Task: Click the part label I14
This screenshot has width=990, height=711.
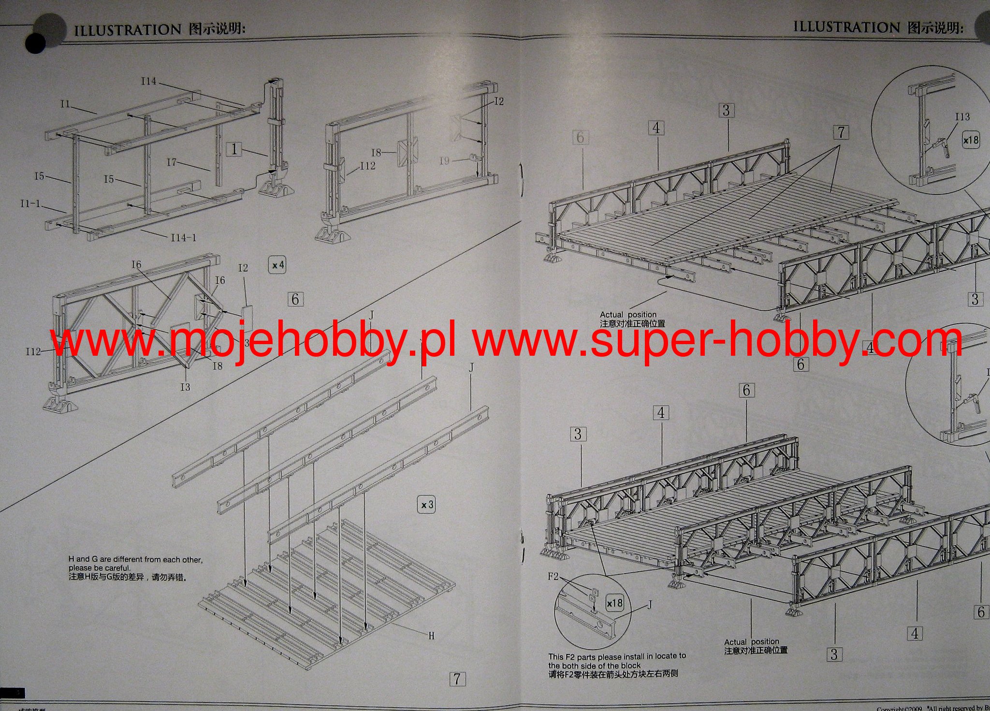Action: pos(149,81)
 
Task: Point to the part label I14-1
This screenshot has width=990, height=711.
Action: pos(184,237)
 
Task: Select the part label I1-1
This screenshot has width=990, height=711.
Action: pos(30,203)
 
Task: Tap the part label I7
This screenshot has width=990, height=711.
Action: pos(172,162)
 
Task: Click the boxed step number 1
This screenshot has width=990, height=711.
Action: pos(234,148)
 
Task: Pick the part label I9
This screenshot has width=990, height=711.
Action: pos(445,160)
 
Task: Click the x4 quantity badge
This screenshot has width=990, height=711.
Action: pos(278,265)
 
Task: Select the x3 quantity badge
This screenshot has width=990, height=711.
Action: pos(426,505)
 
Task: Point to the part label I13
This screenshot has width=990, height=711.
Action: pos(962,117)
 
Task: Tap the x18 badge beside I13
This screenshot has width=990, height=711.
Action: pos(971,140)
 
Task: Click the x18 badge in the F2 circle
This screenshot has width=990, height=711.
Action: pos(615,603)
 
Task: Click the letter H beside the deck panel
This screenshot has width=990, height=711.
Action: pos(432,636)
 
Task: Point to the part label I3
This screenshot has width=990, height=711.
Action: pos(185,387)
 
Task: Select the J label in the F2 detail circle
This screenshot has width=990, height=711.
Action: pos(650,604)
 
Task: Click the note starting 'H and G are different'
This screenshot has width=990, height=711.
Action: pos(135,568)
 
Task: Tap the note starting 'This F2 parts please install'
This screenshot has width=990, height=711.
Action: pos(617,665)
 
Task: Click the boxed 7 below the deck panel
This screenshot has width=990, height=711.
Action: pos(457,679)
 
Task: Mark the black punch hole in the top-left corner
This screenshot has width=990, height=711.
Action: pos(36,44)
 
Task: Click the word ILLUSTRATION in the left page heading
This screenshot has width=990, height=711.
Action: pos(128,29)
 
